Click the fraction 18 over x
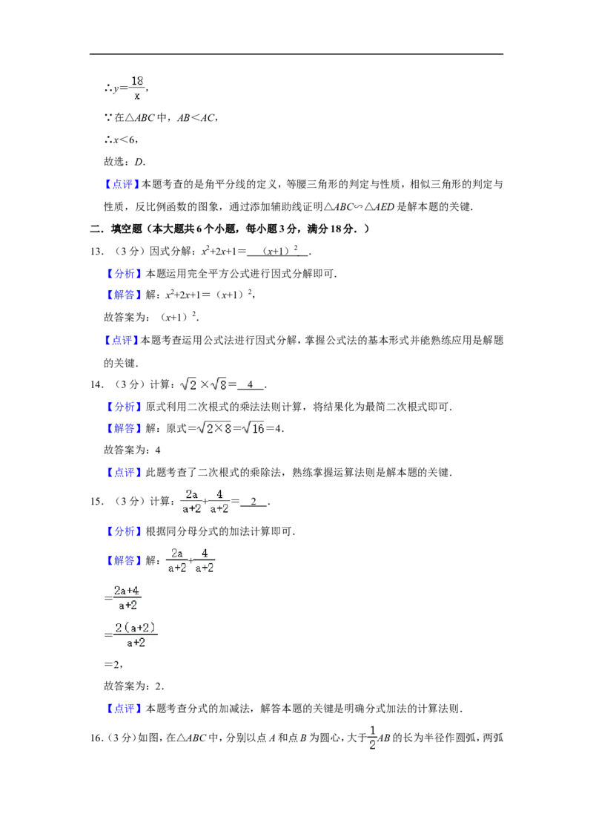pyautogui.click(x=138, y=88)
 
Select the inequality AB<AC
pyautogui.click(x=196, y=118)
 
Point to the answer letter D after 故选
pyautogui.click(x=139, y=162)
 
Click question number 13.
pyautogui.click(x=96, y=252)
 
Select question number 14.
pyautogui.click(x=96, y=384)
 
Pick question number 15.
pyautogui.click(x=96, y=502)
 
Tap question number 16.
pyautogui.click(x=96, y=738)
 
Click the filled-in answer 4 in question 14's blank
pyautogui.click(x=250, y=384)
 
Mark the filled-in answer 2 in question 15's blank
pyautogui.click(x=254, y=502)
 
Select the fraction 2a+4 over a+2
pyautogui.click(x=127, y=598)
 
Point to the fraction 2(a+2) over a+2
pyautogui.click(x=136, y=634)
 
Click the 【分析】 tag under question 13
pyautogui.click(x=125, y=274)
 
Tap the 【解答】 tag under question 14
pyautogui.click(x=125, y=429)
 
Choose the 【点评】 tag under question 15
pyautogui.click(x=125, y=709)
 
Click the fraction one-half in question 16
pyautogui.click(x=373, y=738)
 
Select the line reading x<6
pyautogui.click(x=121, y=140)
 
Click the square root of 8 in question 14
pyautogui.click(x=219, y=384)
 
